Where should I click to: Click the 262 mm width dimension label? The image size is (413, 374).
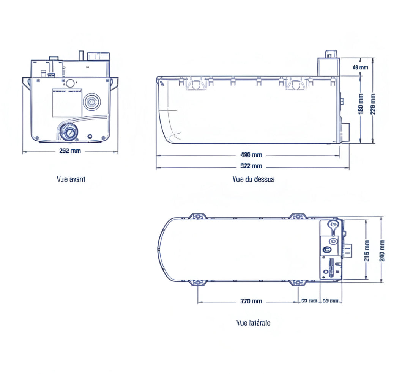pos(70,151)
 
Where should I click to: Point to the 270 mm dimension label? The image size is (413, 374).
pos(251,301)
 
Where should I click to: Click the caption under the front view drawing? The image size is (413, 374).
pos(71,179)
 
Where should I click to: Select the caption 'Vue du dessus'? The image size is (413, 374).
pos(254,179)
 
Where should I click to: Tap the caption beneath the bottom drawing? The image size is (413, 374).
pos(253,323)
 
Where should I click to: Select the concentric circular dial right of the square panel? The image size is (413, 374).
pos(91,101)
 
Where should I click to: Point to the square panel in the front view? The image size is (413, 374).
pos(67,102)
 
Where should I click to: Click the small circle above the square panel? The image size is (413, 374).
pos(70,83)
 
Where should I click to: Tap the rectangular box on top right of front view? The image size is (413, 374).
pos(98,57)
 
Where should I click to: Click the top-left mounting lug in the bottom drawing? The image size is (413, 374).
pos(198,217)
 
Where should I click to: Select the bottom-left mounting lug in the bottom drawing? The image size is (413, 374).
pos(198,283)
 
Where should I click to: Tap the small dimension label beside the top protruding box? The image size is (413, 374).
pos(360,68)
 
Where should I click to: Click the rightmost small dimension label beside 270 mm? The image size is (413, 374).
pos(330,301)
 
